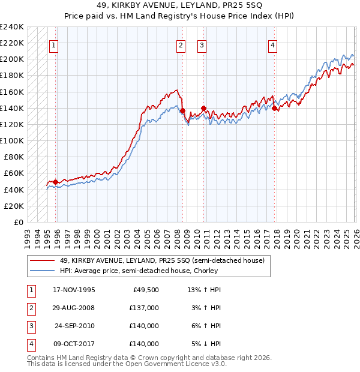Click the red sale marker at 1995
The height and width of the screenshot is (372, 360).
click(56, 182)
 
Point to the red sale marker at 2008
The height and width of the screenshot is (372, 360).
click(182, 110)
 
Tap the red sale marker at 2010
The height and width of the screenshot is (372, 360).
click(203, 108)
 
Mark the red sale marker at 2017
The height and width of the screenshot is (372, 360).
click(274, 108)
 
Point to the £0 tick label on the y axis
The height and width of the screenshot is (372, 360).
click(19, 222)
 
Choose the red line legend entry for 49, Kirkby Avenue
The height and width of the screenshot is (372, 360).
click(162, 260)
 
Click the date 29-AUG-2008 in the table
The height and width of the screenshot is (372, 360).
click(74, 308)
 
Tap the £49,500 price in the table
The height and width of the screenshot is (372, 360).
click(145, 290)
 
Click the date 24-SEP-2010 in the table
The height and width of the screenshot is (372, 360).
click(74, 326)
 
